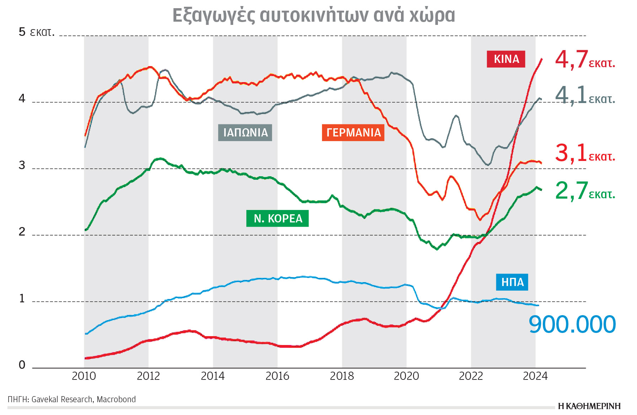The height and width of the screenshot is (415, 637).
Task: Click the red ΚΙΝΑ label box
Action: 506,59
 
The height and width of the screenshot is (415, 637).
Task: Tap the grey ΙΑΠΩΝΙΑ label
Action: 245,133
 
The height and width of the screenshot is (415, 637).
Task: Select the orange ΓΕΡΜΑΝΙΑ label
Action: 353,133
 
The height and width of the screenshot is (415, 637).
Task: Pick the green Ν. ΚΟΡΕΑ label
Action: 277,218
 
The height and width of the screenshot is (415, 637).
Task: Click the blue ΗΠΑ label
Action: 512,282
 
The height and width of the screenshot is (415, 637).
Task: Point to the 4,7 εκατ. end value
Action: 584,60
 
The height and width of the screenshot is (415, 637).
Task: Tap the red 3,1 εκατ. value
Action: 584,153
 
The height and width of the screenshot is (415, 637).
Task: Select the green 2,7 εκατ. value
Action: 584,191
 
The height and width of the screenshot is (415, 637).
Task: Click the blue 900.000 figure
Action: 572,324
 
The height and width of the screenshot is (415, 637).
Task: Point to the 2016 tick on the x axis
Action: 277,376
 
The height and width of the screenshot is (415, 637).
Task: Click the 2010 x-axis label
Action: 84,376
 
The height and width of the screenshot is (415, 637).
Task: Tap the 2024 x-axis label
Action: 535,376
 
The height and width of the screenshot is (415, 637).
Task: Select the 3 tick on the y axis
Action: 22,165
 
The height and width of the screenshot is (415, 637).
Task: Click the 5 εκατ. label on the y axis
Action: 36,32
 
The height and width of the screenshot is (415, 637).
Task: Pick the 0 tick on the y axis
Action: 22,365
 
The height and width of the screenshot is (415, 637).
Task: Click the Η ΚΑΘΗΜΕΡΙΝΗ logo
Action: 589,406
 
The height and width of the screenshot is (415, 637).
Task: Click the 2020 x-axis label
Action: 406,376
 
